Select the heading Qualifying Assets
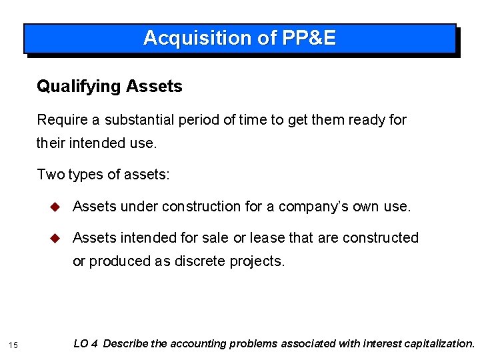coord(109,86)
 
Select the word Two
coord(49,175)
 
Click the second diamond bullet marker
coord(56,237)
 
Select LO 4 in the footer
coord(86,344)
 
